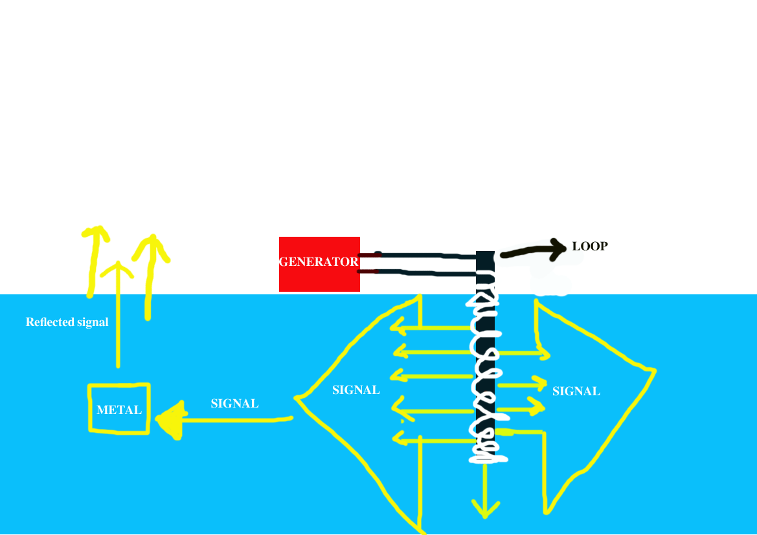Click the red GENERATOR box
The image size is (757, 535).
pyautogui.click(x=319, y=264)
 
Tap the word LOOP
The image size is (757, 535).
pyautogui.click(x=589, y=246)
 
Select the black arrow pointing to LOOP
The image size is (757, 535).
pyautogui.click(x=534, y=250)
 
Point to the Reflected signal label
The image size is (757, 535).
pyautogui.click(x=67, y=322)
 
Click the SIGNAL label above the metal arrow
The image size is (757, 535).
pyautogui.click(x=234, y=403)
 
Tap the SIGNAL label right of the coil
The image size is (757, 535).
pyautogui.click(x=576, y=391)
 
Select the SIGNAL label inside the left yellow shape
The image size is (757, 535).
pyautogui.click(x=356, y=390)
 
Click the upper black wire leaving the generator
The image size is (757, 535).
pyautogui.click(x=418, y=256)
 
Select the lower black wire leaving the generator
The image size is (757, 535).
pyautogui.click(x=418, y=273)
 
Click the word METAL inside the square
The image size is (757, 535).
pyautogui.click(x=119, y=410)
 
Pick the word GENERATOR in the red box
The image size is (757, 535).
pyautogui.click(x=319, y=261)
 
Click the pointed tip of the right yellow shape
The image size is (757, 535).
pyautogui.click(x=655, y=371)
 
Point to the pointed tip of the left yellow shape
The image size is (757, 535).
pyautogui.click(x=295, y=399)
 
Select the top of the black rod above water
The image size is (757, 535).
pyautogui.click(x=485, y=252)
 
